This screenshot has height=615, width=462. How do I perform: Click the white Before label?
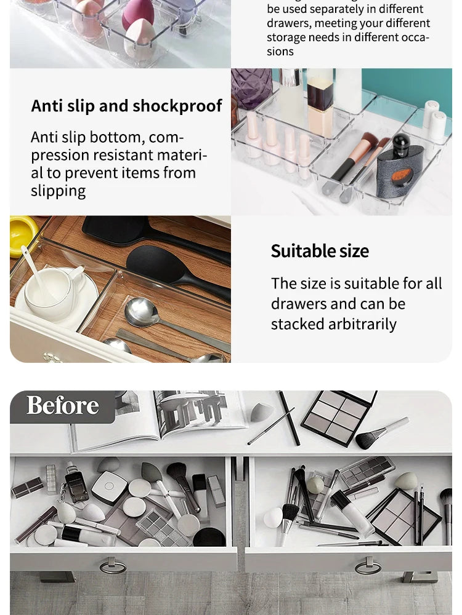[x=62, y=406]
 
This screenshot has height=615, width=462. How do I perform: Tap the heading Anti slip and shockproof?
[x=126, y=106]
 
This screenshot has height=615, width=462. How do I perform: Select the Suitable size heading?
[x=320, y=251]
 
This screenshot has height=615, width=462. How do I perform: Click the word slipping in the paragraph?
[x=58, y=191]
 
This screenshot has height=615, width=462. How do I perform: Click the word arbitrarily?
[x=363, y=324]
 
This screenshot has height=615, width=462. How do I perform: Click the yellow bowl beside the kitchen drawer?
[x=22, y=234]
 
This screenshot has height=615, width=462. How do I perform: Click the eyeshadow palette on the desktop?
[x=339, y=416]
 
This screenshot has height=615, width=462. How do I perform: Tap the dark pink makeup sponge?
[x=137, y=14]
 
